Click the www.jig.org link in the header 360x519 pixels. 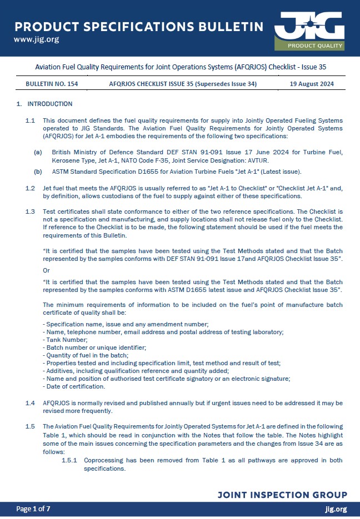(x=36, y=39)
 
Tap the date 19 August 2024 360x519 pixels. (x=312, y=84)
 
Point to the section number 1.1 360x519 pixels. (x=31, y=120)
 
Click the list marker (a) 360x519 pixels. (x=38, y=152)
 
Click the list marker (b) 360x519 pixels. (x=38, y=172)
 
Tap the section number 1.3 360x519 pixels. (x=31, y=212)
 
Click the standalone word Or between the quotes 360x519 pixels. (x=46, y=270)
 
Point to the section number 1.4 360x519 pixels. (x=31, y=402)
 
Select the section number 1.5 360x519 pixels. (x=31, y=426)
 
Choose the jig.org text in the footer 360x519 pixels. (x=336, y=509)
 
